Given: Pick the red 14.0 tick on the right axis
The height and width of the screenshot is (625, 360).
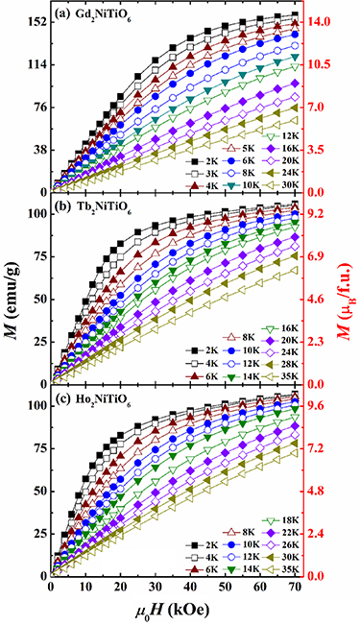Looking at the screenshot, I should point(322,22).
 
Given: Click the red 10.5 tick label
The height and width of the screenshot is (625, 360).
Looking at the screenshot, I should point(322,64).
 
